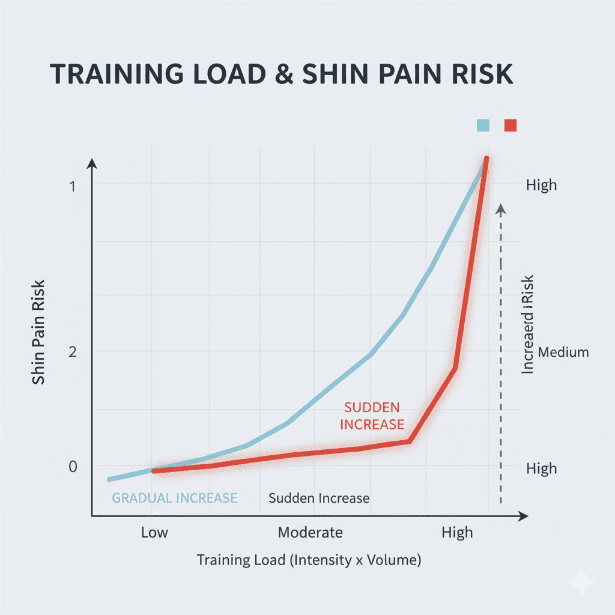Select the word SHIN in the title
click(x=334, y=73)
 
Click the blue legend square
click(x=483, y=125)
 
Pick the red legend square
click(x=510, y=125)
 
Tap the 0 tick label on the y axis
click(x=72, y=467)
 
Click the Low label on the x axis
click(x=154, y=533)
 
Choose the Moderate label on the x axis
click(x=310, y=533)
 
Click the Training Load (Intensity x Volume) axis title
click(x=309, y=560)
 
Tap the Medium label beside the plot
click(x=563, y=353)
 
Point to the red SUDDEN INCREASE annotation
click(x=372, y=416)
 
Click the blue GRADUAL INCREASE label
click(x=174, y=498)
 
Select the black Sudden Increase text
click(x=319, y=498)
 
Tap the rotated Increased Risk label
click(x=527, y=324)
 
